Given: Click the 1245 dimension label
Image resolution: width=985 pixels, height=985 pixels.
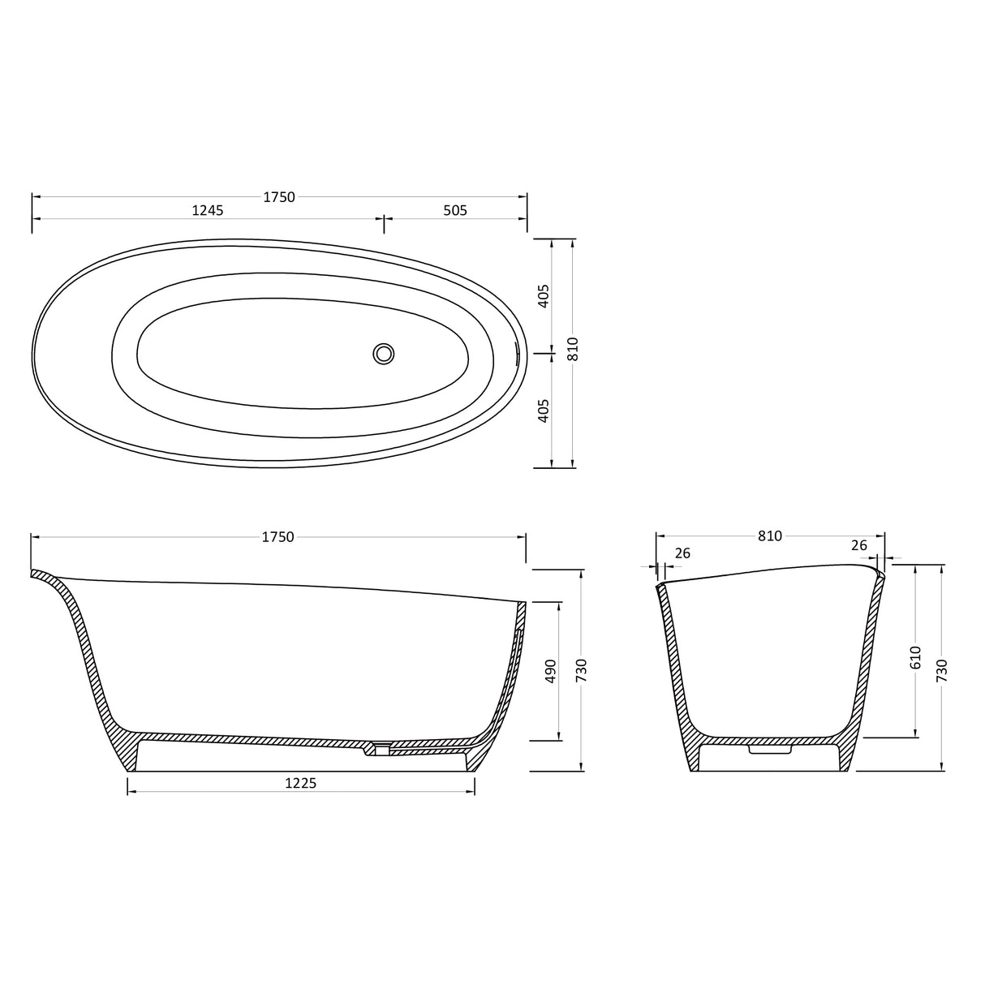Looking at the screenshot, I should [207, 210].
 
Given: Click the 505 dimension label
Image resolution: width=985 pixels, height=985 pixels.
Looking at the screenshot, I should [455, 210].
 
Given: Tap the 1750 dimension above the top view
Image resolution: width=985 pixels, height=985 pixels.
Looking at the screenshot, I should [279, 196].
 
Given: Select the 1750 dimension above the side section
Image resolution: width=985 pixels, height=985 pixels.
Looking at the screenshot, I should [277, 536].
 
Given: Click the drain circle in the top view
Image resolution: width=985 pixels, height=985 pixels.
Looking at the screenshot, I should [384, 354].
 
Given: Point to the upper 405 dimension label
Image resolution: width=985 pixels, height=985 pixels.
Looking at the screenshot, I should [544, 295].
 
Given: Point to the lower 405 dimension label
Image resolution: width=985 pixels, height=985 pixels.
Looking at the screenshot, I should [544, 410].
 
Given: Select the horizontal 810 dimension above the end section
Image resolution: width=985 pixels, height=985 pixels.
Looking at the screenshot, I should [769, 536].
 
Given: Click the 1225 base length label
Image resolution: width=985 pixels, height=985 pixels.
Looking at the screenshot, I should [300, 783].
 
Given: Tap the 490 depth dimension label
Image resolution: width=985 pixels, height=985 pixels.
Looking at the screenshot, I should [551, 671].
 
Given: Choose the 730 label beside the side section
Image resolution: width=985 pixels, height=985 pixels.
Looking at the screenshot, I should [581, 671].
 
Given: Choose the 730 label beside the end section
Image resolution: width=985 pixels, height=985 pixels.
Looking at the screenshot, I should [941, 671].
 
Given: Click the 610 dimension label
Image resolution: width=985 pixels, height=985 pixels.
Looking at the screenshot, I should [915, 657].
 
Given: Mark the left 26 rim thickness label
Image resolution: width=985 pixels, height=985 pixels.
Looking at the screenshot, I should [682, 553].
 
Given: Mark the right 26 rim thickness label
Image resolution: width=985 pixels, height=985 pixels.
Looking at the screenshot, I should [859, 546].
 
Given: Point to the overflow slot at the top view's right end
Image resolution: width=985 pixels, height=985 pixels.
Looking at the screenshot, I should [517, 352].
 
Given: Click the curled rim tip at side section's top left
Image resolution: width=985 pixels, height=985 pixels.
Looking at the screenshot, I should [35, 574].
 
